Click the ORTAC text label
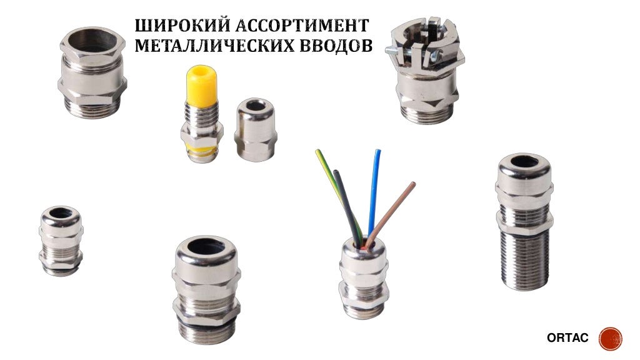point(567,338)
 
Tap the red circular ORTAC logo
point(610,338)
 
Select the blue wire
point(374,187)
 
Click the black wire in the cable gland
point(345,200)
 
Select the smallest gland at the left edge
point(61,240)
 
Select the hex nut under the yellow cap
point(201,134)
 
